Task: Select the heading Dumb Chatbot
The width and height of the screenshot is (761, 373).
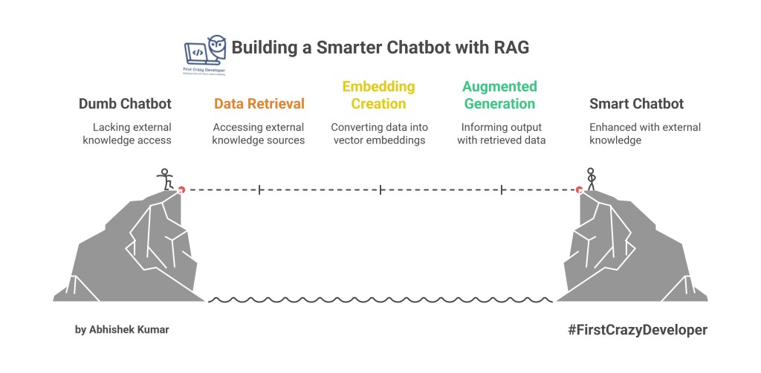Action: (125, 104)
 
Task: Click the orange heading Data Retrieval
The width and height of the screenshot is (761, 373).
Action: (259, 104)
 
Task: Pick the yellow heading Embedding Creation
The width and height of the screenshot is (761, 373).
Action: (379, 95)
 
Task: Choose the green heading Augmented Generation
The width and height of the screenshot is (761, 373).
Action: (499, 95)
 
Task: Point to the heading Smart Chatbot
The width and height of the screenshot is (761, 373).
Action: (636, 104)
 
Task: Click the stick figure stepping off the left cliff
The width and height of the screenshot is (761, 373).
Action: (166, 179)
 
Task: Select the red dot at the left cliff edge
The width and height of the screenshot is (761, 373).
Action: (181, 190)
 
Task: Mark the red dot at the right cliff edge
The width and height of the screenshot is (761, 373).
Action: (580, 190)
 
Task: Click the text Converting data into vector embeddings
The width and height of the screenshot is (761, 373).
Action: (379, 134)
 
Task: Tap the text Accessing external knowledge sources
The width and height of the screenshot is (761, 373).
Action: (259, 134)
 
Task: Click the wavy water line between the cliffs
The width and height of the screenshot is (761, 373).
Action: (379, 300)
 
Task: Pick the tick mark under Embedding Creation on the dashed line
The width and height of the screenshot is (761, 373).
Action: (380, 190)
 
